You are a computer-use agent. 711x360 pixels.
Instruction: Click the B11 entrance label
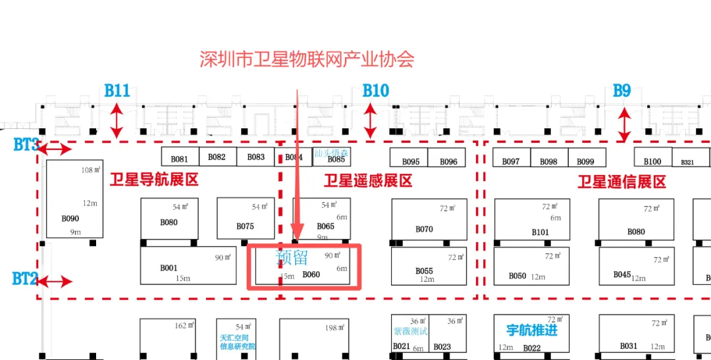[x=117, y=91]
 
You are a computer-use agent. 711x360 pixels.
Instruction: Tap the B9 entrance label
[x=622, y=91]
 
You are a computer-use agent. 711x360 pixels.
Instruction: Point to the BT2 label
[x=24, y=278]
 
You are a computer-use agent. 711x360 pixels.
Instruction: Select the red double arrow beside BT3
[x=55, y=149]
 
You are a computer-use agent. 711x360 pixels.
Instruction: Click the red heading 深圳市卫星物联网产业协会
[x=307, y=60]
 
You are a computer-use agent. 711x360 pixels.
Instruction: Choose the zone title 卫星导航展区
[x=153, y=180]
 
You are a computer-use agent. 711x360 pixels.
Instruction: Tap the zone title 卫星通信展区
[x=621, y=182]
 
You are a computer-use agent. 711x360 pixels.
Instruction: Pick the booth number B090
[x=70, y=219]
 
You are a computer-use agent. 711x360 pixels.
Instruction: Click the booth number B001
[x=169, y=268]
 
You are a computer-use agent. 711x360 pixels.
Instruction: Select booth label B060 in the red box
[x=311, y=274]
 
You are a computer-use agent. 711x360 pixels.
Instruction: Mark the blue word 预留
[x=292, y=257]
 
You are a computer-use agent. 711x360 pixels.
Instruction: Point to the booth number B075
[x=245, y=226]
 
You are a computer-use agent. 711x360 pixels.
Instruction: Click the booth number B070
[x=424, y=229]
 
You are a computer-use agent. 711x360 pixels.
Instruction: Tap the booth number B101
[x=540, y=232]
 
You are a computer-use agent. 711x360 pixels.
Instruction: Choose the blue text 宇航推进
[x=531, y=329]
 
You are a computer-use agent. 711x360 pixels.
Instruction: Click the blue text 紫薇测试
[x=410, y=332]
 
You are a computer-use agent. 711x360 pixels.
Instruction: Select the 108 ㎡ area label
[x=90, y=170]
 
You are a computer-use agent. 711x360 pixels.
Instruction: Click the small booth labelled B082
[x=217, y=157]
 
